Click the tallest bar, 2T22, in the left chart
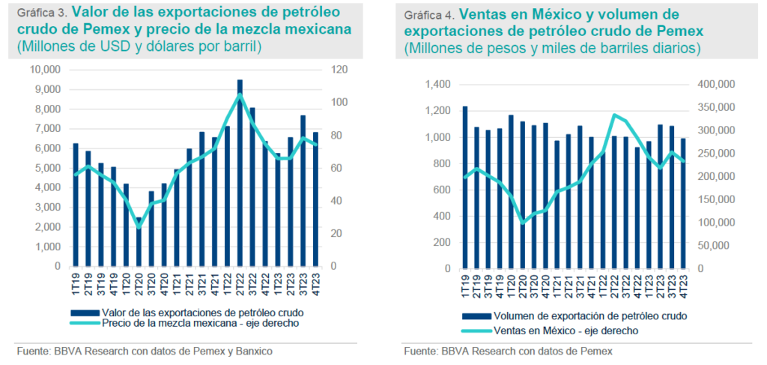(x=240, y=172)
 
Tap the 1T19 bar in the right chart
(x=464, y=187)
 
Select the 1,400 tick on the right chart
(x=437, y=85)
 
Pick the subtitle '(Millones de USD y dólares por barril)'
(x=144, y=47)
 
